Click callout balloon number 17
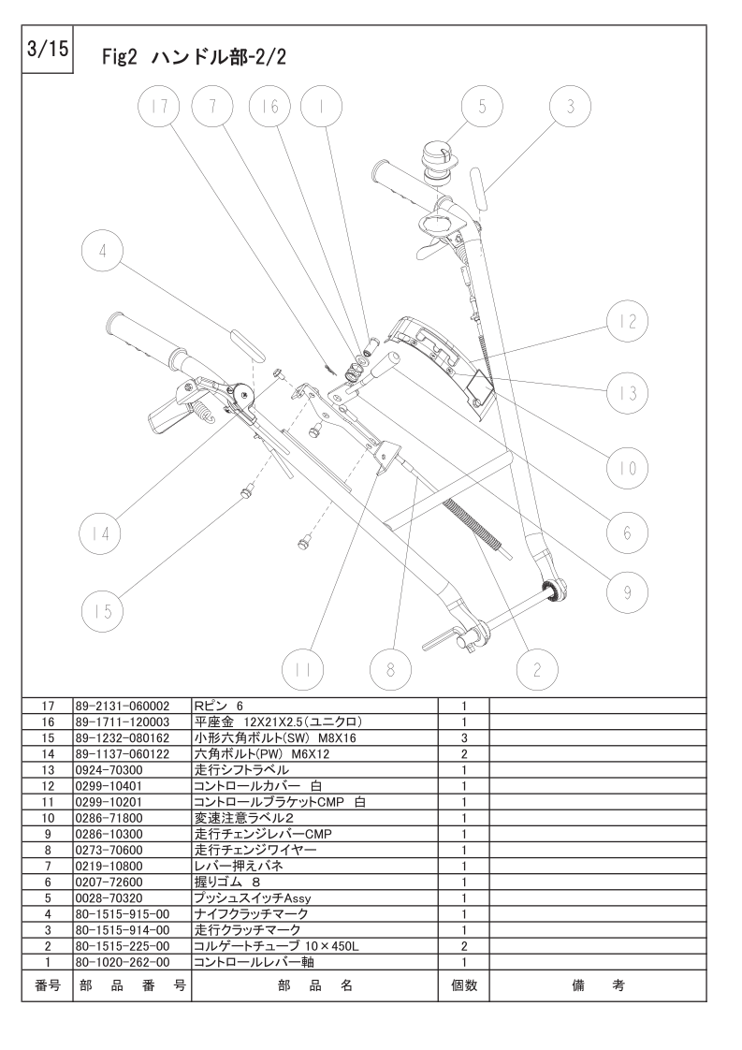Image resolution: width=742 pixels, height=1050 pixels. tap(159, 107)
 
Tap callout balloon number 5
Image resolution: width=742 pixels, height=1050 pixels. tap(482, 107)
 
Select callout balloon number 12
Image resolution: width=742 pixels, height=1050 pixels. tap(628, 321)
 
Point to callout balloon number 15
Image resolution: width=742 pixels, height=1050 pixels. tap(103, 611)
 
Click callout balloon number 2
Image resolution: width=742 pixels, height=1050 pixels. tap(537, 669)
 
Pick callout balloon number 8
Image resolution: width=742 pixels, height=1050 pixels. tap(390, 669)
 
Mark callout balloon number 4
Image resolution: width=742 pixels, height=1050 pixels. tap(103, 251)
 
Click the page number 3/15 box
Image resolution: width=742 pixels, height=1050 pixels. tap(47, 50)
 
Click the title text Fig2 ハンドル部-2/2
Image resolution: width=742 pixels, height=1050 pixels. tap(195, 58)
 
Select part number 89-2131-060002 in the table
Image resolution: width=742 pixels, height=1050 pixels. tap(124, 706)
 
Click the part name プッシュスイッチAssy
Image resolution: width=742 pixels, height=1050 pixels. tap(253, 898)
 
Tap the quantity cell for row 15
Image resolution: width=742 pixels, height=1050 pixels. tap(464, 738)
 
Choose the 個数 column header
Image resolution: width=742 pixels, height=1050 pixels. tap(464, 985)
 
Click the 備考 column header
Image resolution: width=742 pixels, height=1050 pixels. tap(598, 985)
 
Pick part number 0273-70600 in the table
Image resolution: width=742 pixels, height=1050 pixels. tap(109, 850)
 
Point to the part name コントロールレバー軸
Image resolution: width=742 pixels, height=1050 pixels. tap(254, 962)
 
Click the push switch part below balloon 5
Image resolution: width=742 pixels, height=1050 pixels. tap(437, 164)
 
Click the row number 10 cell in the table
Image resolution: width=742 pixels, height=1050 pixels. tap(48, 818)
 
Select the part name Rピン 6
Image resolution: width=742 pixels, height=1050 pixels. tap(218, 706)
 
